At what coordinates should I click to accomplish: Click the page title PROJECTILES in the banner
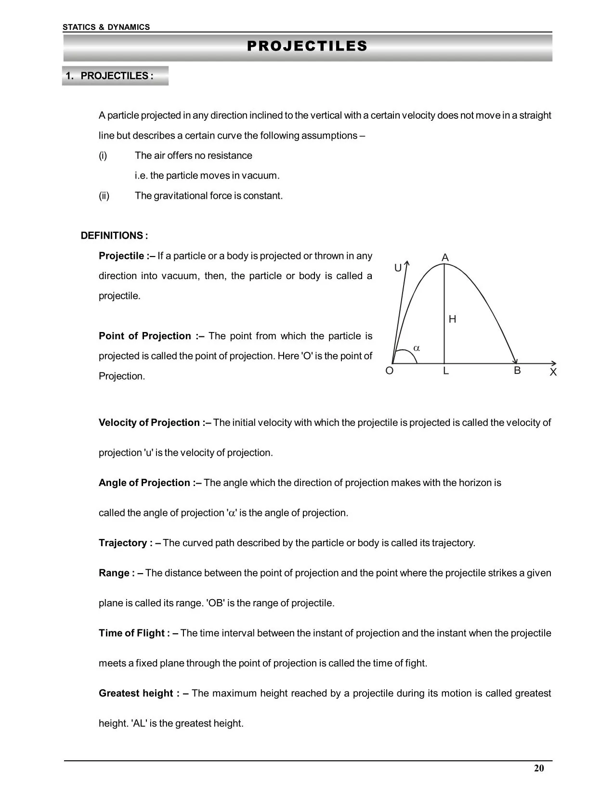307,46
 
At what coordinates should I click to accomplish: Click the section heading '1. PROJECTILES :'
110,76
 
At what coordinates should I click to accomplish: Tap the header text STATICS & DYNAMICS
106,27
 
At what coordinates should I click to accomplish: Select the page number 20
539,768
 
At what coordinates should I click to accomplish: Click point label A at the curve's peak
445,258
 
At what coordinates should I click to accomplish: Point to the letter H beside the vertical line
452,319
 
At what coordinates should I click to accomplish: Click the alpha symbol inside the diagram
417,348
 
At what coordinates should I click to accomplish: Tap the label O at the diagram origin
390,371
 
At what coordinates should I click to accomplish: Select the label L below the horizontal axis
446,371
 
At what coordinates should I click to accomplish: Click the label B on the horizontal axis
517,371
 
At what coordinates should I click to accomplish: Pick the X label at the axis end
553,372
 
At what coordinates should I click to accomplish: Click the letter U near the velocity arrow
398,268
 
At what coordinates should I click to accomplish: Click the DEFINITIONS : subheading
114,236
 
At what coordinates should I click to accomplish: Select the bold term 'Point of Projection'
145,336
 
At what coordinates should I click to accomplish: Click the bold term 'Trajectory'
123,543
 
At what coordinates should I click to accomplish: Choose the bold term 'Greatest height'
136,693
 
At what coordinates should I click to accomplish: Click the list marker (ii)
104,196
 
